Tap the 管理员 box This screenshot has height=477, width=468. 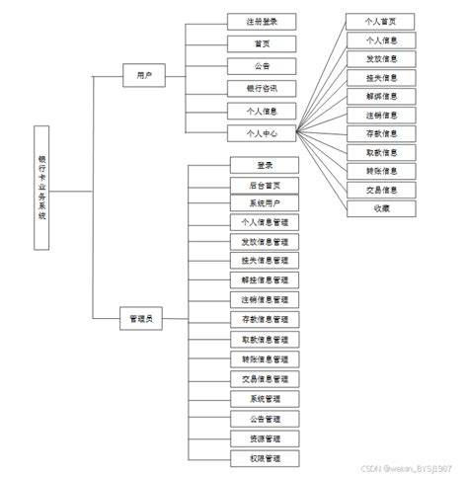(x=142, y=319)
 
